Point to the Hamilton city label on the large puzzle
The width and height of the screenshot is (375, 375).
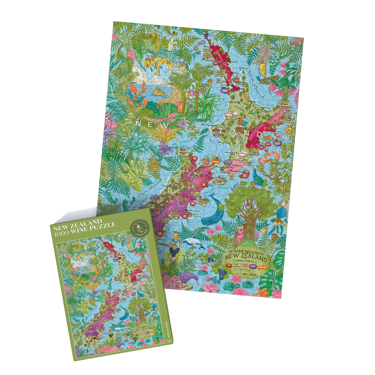(x=233, y=102)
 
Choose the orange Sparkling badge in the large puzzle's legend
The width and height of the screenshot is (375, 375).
(x=262, y=268)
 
